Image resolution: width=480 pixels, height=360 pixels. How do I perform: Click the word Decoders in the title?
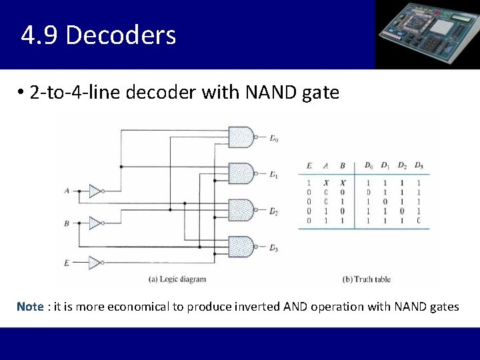pyautogui.click(x=121, y=35)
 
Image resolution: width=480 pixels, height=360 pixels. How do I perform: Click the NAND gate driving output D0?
pyautogui.click(x=241, y=137)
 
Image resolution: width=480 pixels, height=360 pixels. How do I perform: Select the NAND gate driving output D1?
pyautogui.click(x=241, y=173)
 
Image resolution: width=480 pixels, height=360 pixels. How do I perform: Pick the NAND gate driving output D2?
pyautogui.click(x=241, y=210)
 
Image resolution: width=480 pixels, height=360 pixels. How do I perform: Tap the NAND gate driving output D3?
pyautogui.click(x=241, y=247)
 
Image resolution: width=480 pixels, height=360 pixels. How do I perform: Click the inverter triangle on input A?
pyautogui.click(x=95, y=191)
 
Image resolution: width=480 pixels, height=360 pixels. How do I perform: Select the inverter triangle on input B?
pyautogui.click(x=95, y=223)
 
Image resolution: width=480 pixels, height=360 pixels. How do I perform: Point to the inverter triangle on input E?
pyautogui.click(x=95, y=263)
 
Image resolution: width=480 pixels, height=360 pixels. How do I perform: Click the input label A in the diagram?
pyautogui.click(x=67, y=191)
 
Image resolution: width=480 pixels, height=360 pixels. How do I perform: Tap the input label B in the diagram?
pyautogui.click(x=67, y=223)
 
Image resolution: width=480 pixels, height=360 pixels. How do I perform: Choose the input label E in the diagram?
pyautogui.click(x=67, y=263)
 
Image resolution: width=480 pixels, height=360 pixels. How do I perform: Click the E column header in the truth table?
pyautogui.click(x=309, y=166)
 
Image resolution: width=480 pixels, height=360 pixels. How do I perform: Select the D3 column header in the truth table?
pyautogui.click(x=418, y=166)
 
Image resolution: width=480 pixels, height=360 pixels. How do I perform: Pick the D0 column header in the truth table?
pyautogui.click(x=369, y=166)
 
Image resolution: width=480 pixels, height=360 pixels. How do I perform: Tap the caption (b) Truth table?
pyautogui.click(x=366, y=279)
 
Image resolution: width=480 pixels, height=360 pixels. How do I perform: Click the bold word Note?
pyautogui.click(x=30, y=307)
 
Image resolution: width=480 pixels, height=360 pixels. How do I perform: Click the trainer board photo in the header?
pyautogui.click(x=427, y=35)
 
